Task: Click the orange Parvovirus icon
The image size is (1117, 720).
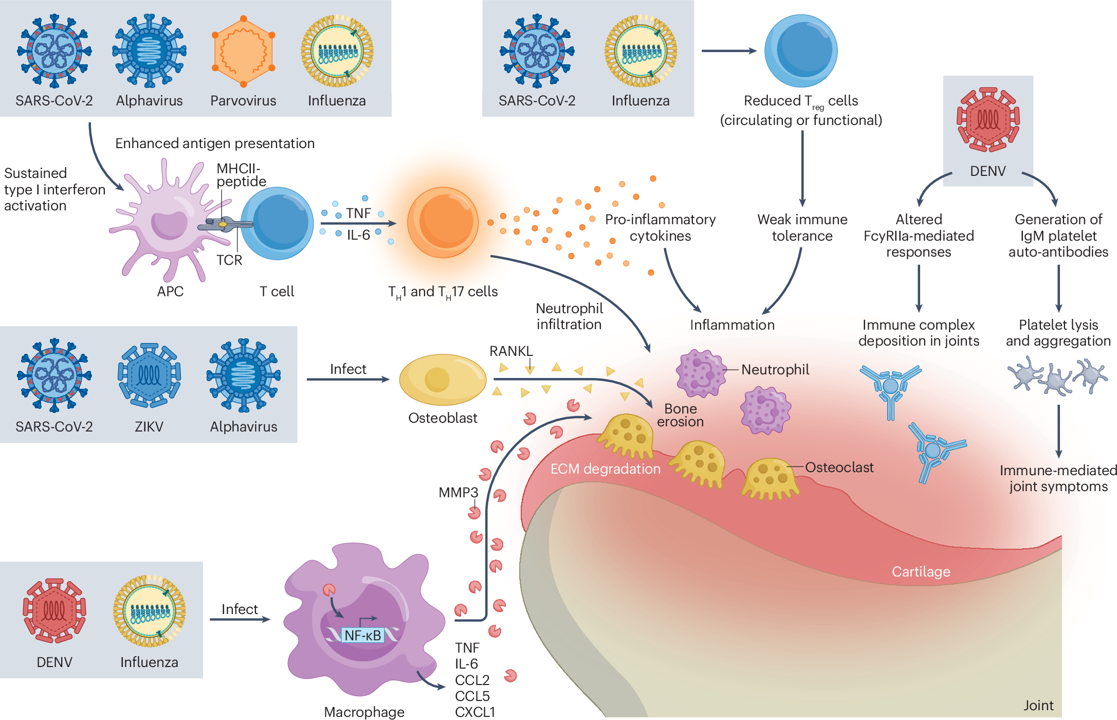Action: coord(243,51)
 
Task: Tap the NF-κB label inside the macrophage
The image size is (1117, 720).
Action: coord(362,635)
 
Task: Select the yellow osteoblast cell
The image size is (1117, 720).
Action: coord(442,380)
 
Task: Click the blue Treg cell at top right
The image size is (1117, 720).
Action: coord(800,51)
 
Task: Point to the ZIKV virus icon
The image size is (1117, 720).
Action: coord(149,375)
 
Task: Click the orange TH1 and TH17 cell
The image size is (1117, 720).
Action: coord(443,222)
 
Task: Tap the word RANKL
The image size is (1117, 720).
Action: coord(510,351)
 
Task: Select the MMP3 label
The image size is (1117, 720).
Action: coord(458,492)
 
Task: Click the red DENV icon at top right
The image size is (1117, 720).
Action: coord(987,119)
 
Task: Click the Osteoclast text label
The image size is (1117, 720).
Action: coord(839,467)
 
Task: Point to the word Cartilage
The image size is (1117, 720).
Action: coord(921,571)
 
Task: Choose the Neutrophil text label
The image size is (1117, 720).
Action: coord(775,369)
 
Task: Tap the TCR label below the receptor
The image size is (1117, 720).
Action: coord(229,260)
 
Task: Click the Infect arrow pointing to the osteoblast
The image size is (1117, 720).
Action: coord(348,379)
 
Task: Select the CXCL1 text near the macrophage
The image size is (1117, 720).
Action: coord(474,712)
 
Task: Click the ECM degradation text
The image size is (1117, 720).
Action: coord(605,469)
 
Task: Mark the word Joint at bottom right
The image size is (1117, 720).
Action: coord(1038,705)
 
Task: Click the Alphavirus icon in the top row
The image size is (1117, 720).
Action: coord(149,51)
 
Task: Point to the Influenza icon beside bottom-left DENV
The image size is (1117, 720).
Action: coord(149,610)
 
